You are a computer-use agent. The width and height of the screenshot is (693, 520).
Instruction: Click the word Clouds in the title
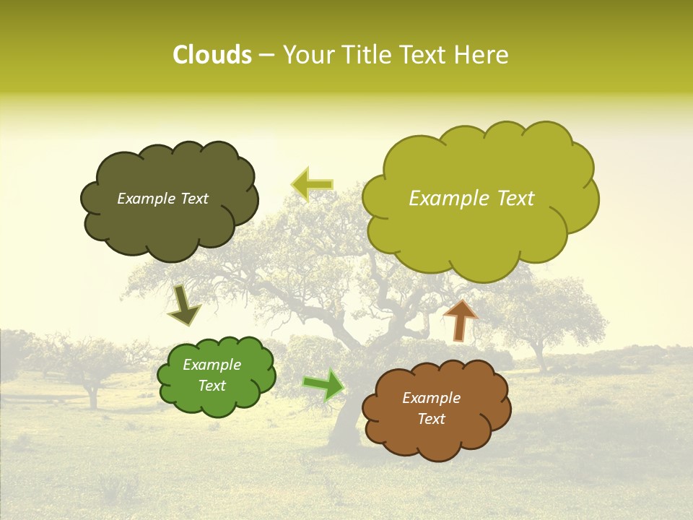pyautogui.click(x=212, y=55)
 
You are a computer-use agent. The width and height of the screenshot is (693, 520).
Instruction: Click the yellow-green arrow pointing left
pyautogui.click(x=312, y=184)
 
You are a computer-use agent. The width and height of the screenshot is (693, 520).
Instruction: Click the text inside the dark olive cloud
pyautogui.click(x=162, y=199)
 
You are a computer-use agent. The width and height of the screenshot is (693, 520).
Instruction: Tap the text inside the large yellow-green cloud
pyautogui.click(x=471, y=199)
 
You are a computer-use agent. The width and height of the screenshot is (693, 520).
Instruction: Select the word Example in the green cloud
pyautogui.click(x=212, y=365)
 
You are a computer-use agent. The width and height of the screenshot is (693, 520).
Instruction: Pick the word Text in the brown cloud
pyautogui.click(x=431, y=419)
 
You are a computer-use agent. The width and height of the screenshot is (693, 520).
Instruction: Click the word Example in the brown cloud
pyautogui.click(x=431, y=398)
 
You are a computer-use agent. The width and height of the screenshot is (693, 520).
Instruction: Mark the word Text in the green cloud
pyautogui.click(x=212, y=386)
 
